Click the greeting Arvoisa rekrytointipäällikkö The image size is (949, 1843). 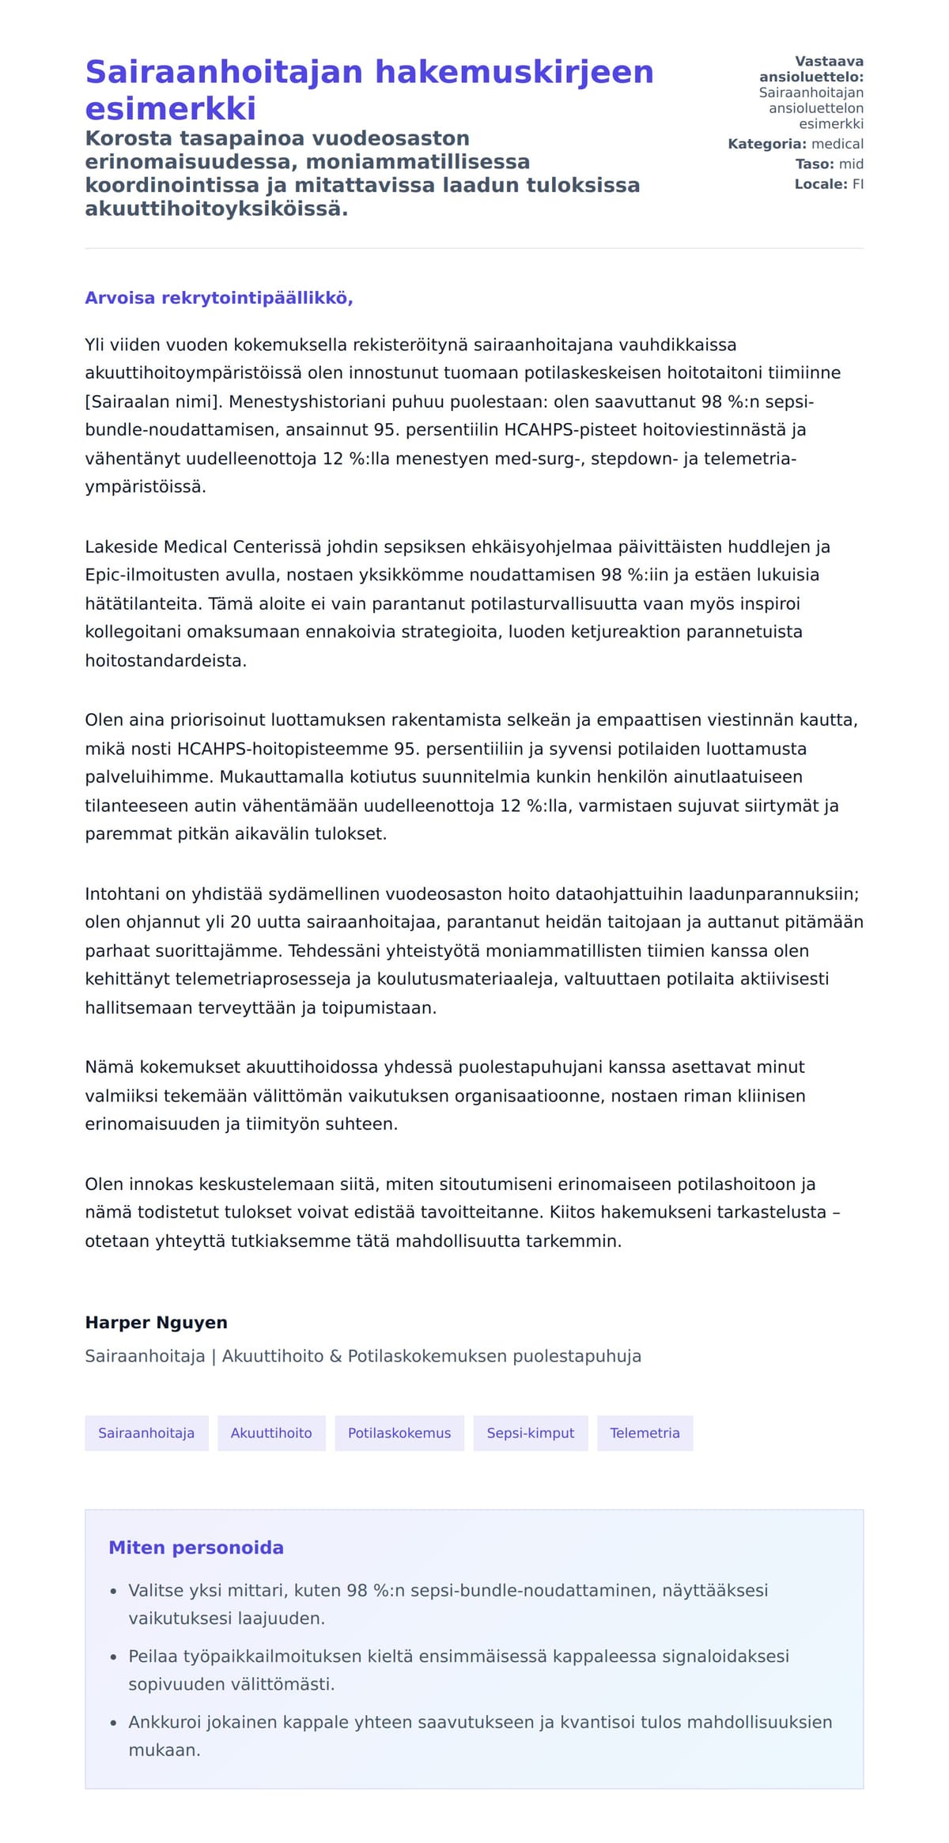click(x=219, y=298)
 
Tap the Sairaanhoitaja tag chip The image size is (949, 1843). click(x=146, y=1433)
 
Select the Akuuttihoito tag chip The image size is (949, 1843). click(x=271, y=1433)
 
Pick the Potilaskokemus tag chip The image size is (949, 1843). click(x=399, y=1433)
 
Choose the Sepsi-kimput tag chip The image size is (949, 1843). click(x=531, y=1433)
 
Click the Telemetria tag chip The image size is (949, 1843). click(x=645, y=1433)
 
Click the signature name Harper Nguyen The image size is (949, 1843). click(x=157, y=1322)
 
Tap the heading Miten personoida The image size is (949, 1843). click(x=196, y=1547)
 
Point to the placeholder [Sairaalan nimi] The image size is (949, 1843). click(x=154, y=402)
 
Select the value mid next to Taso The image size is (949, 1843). click(x=851, y=164)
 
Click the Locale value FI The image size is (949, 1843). click(x=857, y=184)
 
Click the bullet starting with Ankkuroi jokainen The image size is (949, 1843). click(x=480, y=1722)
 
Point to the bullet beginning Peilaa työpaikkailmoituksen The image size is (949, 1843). click(x=459, y=1656)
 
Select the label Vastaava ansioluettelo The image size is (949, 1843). click(x=811, y=70)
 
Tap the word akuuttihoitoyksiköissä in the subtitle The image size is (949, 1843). click(x=216, y=210)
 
